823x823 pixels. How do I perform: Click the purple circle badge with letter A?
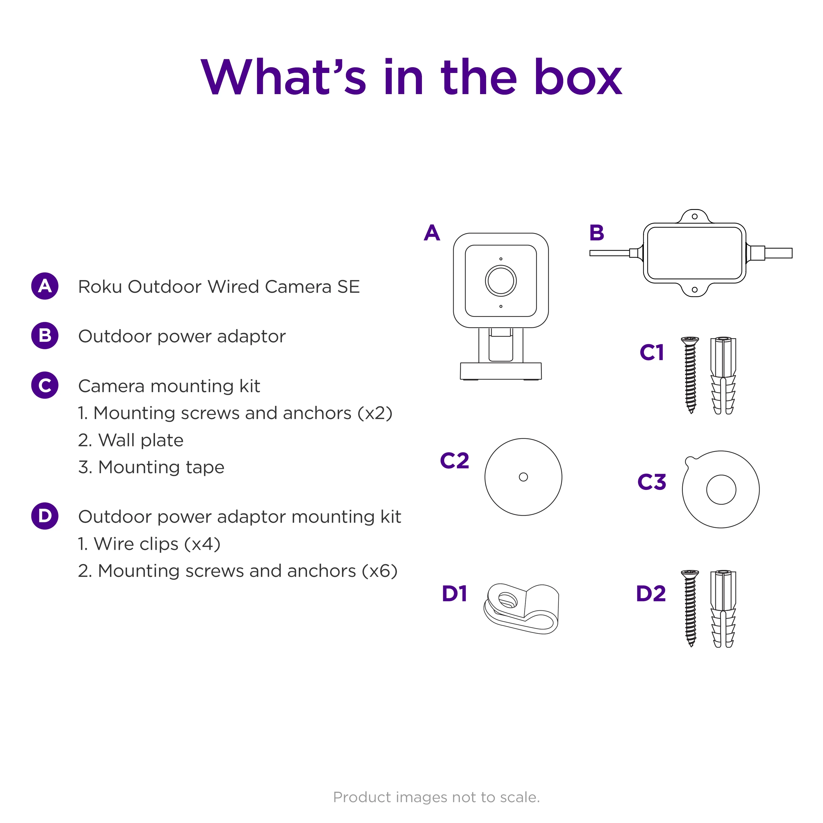click(x=45, y=286)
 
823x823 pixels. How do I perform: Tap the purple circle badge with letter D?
click(x=45, y=516)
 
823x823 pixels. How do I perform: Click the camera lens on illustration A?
click(x=501, y=280)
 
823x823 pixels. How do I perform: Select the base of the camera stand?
click(x=501, y=371)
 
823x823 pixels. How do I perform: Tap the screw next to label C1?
click(x=690, y=375)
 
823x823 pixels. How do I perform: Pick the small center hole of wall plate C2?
click(x=523, y=477)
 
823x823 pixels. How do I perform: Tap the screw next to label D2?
click(x=690, y=608)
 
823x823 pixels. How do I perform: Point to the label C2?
click(x=455, y=461)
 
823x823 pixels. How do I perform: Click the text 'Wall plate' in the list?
click(x=141, y=440)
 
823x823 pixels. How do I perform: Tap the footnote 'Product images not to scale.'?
click(x=436, y=797)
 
